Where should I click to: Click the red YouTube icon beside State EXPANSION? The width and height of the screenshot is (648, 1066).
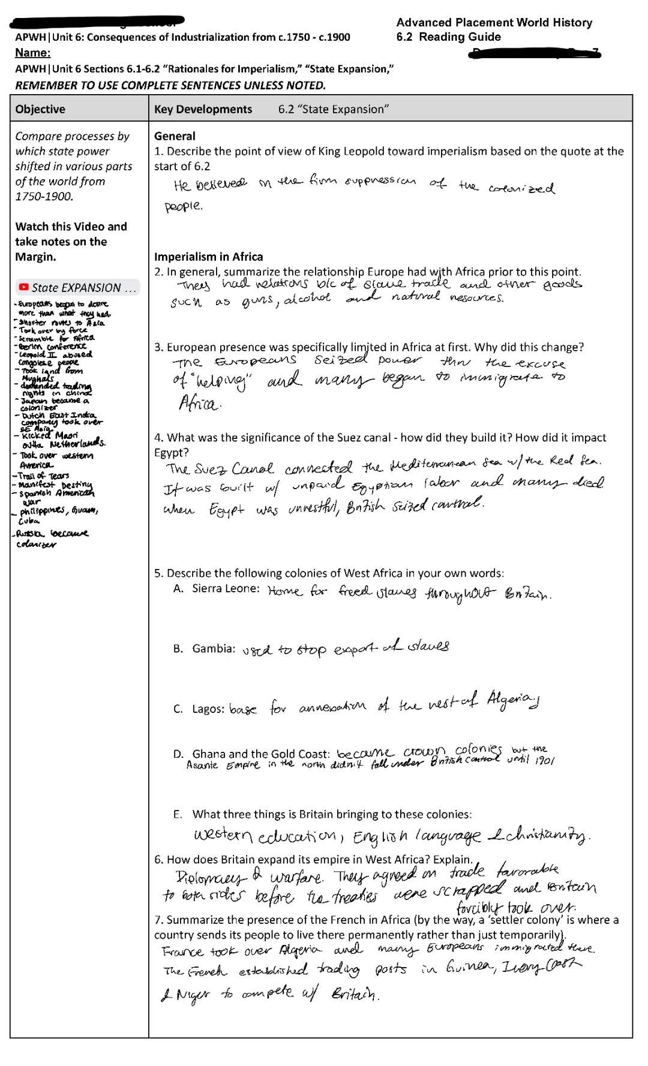pyautogui.click(x=24, y=288)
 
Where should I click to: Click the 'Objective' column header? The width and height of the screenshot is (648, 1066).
pyautogui.click(x=40, y=109)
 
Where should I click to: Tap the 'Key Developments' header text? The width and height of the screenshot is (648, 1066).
pyautogui.click(x=203, y=109)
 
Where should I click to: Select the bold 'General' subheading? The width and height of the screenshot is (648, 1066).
pyautogui.click(x=175, y=136)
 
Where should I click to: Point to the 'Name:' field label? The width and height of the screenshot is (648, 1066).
pyautogui.click(x=33, y=53)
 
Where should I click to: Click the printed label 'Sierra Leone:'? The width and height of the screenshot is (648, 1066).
pyautogui.click(x=226, y=588)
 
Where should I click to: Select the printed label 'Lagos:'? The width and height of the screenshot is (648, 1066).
pyautogui.click(x=208, y=709)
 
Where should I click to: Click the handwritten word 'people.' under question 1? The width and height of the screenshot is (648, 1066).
pyautogui.click(x=184, y=206)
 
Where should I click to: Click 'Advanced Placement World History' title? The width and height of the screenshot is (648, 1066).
pyautogui.click(x=494, y=23)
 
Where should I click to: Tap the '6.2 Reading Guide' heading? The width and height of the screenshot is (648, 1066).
pyautogui.click(x=448, y=37)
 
